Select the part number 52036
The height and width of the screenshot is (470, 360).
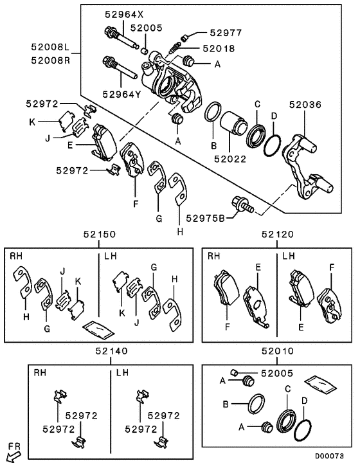(305, 104)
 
